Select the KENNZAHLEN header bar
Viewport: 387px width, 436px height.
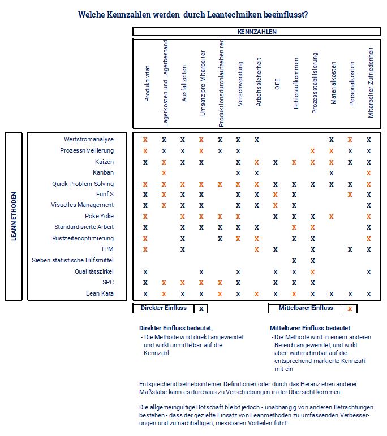click(x=257, y=32)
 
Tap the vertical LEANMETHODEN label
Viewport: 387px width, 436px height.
click(x=14, y=216)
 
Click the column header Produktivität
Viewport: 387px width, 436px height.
click(x=147, y=84)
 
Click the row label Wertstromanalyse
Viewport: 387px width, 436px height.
click(x=89, y=139)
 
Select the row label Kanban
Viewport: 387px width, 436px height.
click(x=103, y=172)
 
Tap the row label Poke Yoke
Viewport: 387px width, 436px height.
click(x=99, y=216)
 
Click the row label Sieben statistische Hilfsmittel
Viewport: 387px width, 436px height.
click(x=73, y=260)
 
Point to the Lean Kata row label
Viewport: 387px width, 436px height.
click(x=100, y=293)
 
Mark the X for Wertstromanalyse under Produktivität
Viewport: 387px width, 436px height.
click(x=145, y=140)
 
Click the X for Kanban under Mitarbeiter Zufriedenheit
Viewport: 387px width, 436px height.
click(x=369, y=172)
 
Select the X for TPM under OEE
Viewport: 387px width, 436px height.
click(x=276, y=249)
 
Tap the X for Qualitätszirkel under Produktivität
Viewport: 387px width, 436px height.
click(x=145, y=271)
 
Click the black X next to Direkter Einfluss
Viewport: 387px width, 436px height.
click(x=201, y=309)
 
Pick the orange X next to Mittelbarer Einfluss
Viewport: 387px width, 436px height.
click(x=350, y=309)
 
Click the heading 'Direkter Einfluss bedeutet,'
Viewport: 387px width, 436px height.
click(x=175, y=328)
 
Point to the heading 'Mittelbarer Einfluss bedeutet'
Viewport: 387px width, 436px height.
click(x=309, y=328)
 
